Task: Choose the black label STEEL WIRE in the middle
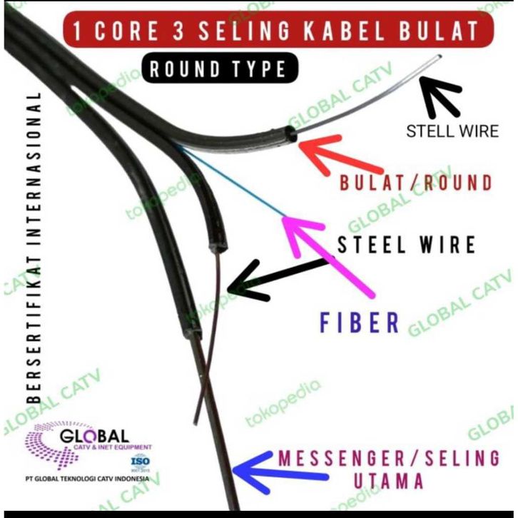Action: point(406,245)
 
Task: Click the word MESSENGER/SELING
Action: point(389,457)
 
